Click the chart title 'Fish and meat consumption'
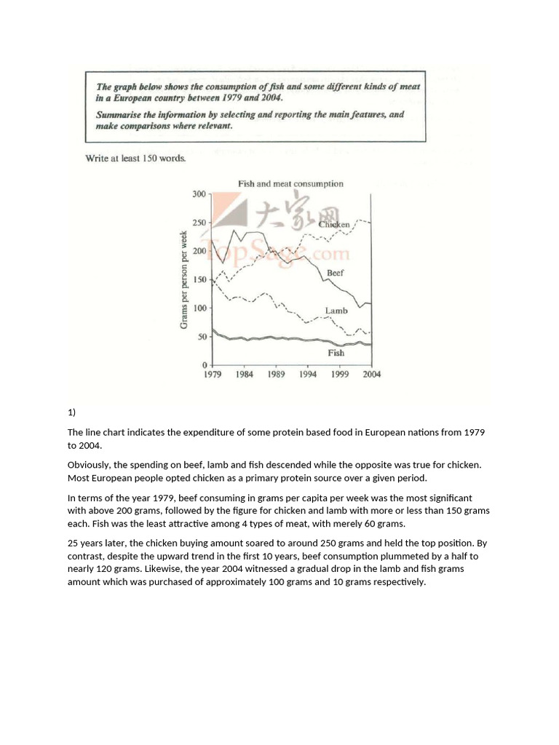[x=290, y=184]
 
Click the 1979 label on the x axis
[x=212, y=375]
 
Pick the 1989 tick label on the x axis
[x=276, y=375]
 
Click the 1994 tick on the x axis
[x=308, y=375]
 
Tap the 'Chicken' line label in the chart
[x=334, y=225]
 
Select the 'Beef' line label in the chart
[x=335, y=273]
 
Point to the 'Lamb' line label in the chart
[x=336, y=311]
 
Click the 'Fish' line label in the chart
[x=336, y=353]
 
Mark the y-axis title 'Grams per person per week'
[x=183, y=279]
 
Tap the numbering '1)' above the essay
[x=71, y=413]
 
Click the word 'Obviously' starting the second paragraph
[x=90, y=464]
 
